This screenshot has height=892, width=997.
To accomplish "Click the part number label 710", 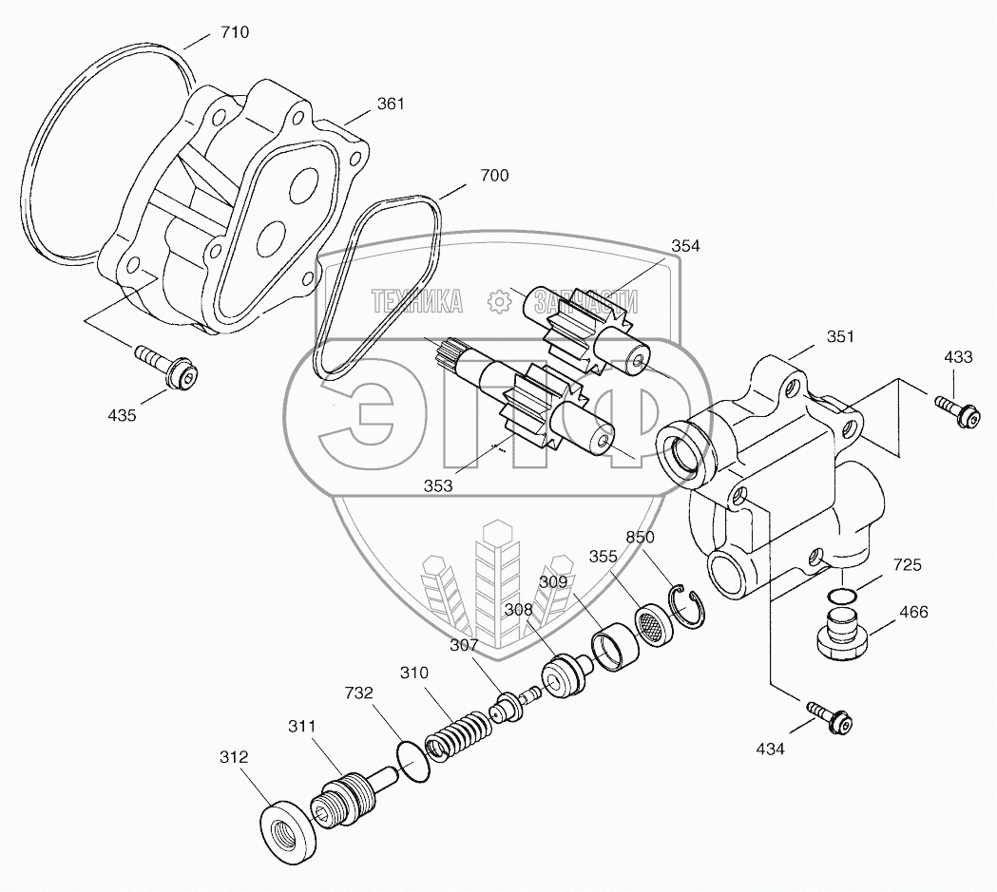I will click(235, 32).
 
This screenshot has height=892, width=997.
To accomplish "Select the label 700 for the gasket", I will click(494, 176).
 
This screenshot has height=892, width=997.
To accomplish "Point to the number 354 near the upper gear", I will click(684, 246).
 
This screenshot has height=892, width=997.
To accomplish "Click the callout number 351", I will click(813, 336).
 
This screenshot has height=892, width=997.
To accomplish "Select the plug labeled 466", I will click(840, 634).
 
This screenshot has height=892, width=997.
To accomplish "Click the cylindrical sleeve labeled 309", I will click(609, 644).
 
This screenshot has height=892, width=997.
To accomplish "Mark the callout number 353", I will click(439, 485).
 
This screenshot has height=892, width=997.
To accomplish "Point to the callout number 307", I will click(466, 645).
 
